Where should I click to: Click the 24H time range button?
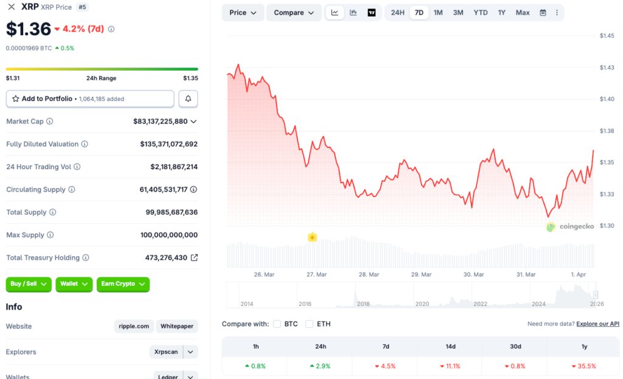pos(397,13)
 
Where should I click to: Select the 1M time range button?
pos(438,13)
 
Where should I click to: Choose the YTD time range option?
pos(481,13)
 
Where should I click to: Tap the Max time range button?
pos(523,13)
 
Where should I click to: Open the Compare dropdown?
pos(294,13)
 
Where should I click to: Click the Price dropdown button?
pos(243,13)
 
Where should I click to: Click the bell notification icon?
pos(188,99)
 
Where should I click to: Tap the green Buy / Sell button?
pos(29,284)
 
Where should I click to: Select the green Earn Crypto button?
pos(123,284)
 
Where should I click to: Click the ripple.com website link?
pos(134,327)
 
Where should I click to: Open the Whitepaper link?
pos(177,327)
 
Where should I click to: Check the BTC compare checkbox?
pos(277,324)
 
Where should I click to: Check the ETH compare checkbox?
pos(310,324)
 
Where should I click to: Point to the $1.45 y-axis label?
pos(607,36)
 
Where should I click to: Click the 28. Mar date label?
pos(369,274)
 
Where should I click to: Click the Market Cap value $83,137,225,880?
pos(161,122)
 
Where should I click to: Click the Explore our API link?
pos(597,324)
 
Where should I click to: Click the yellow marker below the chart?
pos(312,237)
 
